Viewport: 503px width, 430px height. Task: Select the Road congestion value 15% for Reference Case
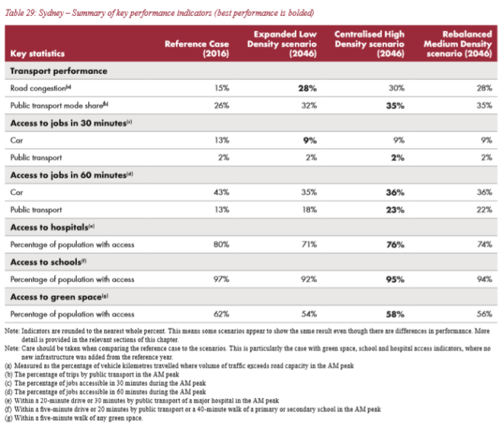[x=222, y=88]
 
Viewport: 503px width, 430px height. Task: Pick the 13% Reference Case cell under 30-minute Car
[x=222, y=140]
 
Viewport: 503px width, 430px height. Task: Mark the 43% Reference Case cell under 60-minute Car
[x=222, y=192]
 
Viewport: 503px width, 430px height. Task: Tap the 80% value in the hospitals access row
[x=222, y=244]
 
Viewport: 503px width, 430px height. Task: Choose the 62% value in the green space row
[x=222, y=313]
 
